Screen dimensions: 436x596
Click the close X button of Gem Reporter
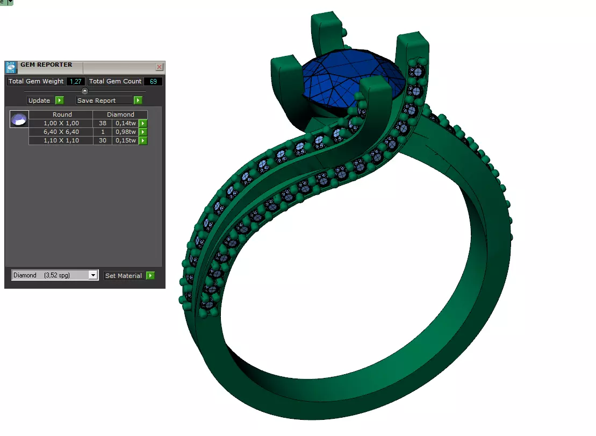pyautogui.click(x=159, y=67)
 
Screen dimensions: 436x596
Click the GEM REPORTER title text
pyautogui.click(x=46, y=65)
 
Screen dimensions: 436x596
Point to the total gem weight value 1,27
pyautogui.click(x=76, y=81)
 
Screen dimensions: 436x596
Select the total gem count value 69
pyautogui.click(x=153, y=81)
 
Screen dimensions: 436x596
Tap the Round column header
pyautogui.click(x=62, y=115)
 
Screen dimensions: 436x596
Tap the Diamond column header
pyautogui.click(x=120, y=115)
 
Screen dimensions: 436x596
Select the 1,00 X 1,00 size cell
pyautogui.click(x=61, y=123)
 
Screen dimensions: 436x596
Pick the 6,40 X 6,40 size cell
pyautogui.click(x=61, y=132)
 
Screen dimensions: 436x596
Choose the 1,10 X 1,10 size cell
pyautogui.click(x=61, y=140)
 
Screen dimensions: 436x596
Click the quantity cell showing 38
pyautogui.click(x=102, y=123)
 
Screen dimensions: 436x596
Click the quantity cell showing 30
pyautogui.click(x=102, y=140)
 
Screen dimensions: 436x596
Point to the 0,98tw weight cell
pyautogui.click(x=125, y=132)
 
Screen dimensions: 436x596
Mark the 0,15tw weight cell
pyautogui.click(x=125, y=140)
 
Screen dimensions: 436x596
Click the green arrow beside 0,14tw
pyautogui.click(x=143, y=123)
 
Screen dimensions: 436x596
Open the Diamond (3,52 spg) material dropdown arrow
pyautogui.click(x=93, y=275)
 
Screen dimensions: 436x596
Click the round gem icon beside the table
pyautogui.click(x=19, y=119)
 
